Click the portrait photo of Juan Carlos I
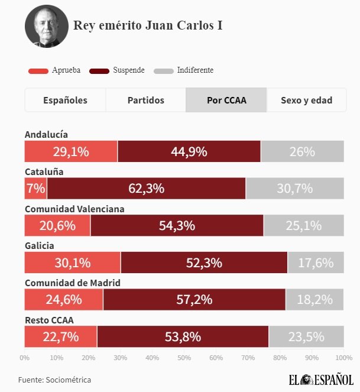pos(45,26)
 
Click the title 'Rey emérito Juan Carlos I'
pos(148,25)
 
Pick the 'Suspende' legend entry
pos(117,70)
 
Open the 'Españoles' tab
pos(65,100)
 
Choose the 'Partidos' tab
pos(146,100)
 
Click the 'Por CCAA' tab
pos(226,100)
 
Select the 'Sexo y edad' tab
pos(306,100)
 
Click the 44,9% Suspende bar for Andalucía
pos(189,151)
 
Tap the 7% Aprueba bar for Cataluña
pos(35,189)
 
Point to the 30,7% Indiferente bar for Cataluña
pos(294,189)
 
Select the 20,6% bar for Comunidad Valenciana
pos(57,225)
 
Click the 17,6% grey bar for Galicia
pos(315,263)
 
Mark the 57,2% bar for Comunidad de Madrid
pos(194,299)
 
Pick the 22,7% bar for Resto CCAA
pos(60,336)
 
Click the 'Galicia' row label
pos(40,245)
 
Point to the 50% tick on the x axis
pos(184,358)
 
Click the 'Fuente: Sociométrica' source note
pos(54,380)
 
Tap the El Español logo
pos(322,380)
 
